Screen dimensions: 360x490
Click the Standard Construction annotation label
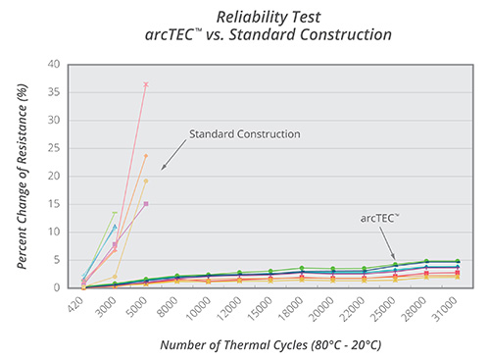[x=244, y=133]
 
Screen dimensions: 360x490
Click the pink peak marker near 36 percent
[x=146, y=85]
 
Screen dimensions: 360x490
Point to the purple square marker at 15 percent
[x=146, y=204]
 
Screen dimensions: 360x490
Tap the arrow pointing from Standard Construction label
[x=171, y=156]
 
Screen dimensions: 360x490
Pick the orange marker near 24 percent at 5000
[x=146, y=156]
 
